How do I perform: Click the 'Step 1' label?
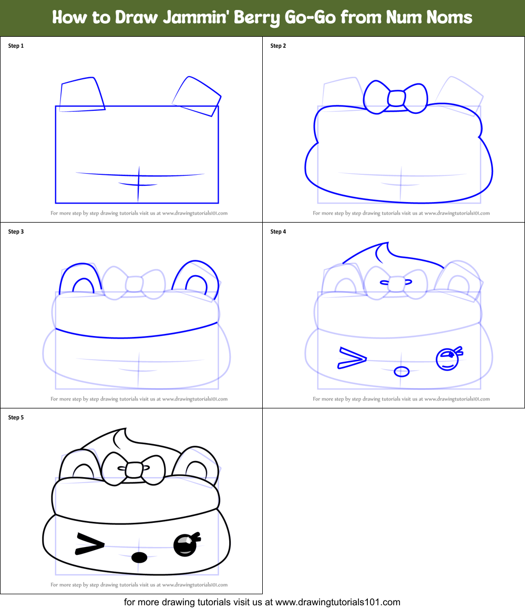click(16, 46)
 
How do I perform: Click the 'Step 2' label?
click(278, 46)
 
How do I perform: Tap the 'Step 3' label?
click(16, 232)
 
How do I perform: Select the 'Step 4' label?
click(278, 232)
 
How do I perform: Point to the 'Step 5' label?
click(16, 417)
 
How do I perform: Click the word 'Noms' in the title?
click(448, 17)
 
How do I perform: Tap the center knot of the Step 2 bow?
click(396, 99)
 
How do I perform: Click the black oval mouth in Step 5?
click(139, 557)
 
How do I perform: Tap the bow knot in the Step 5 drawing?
click(134, 469)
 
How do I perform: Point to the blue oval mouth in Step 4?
click(402, 371)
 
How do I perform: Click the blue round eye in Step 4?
click(447, 359)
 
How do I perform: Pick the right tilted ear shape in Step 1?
click(196, 96)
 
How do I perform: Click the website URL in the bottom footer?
click(337, 602)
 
